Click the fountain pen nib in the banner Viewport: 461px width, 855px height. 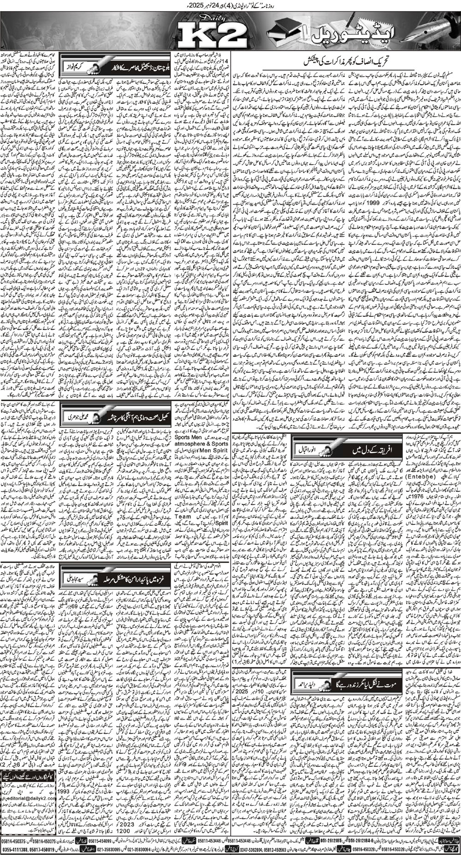click(x=438, y=28)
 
